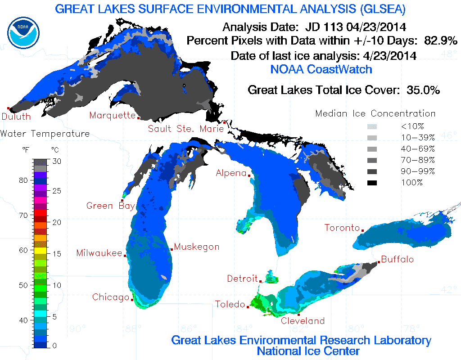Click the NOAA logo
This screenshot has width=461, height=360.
[23, 30]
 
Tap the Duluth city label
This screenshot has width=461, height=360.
[16, 117]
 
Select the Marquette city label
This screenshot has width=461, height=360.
[112, 115]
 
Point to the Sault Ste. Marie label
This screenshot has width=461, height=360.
[186, 129]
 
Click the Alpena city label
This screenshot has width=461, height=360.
[231, 173]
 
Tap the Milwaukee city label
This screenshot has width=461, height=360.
[99, 252]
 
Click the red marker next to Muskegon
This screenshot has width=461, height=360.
[172, 249]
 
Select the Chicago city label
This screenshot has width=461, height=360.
[111, 297]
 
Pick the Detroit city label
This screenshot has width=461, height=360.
[242, 279]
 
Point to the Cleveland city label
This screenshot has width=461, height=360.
[303, 321]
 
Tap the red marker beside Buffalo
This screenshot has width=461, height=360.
[379, 262]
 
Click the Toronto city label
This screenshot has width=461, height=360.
[342, 228]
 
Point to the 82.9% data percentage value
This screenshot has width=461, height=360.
[441, 40]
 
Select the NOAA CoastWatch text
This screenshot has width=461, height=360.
[321, 69]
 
